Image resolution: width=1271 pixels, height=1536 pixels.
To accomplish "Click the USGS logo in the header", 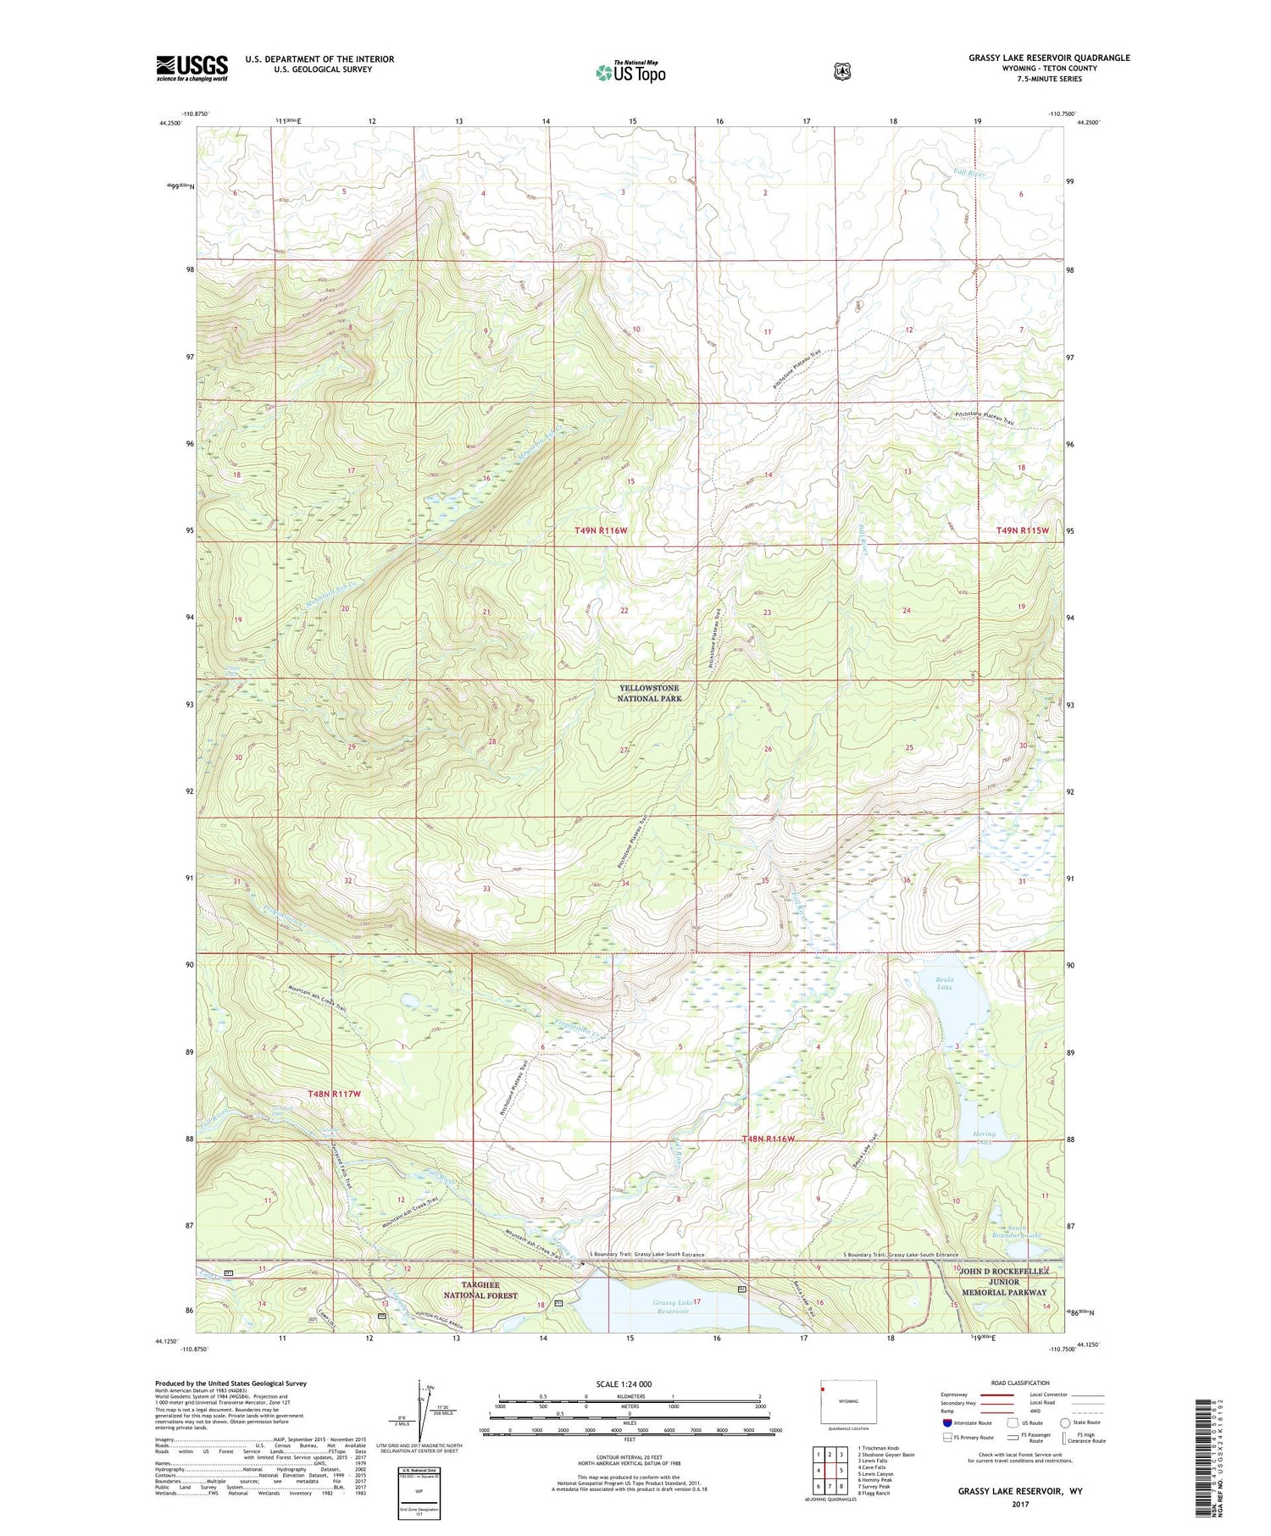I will coord(191,68).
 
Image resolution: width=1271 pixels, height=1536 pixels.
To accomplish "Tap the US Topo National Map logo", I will coord(630,72).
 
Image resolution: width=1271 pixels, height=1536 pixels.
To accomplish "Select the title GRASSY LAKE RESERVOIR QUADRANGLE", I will coord(1049,58).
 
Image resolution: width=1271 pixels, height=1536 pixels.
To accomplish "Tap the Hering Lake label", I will coord(985,1137).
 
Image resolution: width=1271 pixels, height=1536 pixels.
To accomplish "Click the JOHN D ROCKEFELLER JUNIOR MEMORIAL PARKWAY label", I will coord(1004,1282).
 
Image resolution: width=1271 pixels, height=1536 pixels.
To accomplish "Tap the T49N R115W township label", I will coord(1022,530).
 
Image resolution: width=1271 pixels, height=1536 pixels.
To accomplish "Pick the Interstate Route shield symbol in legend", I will coord(946,1422).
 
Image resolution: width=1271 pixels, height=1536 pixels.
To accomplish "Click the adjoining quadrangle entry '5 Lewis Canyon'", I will coord(877,1474).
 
